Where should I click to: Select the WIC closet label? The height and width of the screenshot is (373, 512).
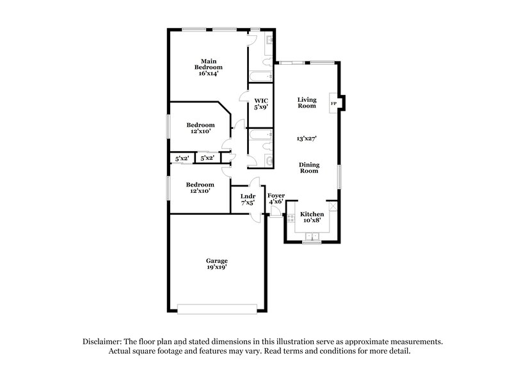click(x=260, y=101)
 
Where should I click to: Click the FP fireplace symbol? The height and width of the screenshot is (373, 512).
click(x=333, y=103)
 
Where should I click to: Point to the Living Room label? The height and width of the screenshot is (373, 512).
click(x=307, y=102)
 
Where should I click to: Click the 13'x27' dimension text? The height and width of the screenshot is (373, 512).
click(x=307, y=138)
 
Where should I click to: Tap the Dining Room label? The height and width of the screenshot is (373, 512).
click(x=309, y=167)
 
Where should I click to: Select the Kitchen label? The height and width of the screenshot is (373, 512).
click(x=312, y=213)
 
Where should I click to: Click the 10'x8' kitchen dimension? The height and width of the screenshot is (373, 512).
click(x=312, y=220)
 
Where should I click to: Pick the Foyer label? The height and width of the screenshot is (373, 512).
click(x=276, y=195)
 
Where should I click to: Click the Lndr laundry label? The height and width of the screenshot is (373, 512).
click(x=248, y=195)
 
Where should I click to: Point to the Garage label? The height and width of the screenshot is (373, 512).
click(x=216, y=261)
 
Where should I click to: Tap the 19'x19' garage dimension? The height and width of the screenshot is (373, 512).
click(x=216, y=269)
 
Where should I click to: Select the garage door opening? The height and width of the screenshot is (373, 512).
click(x=219, y=309)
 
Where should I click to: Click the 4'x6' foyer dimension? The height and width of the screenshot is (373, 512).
click(x=276, y=202)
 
